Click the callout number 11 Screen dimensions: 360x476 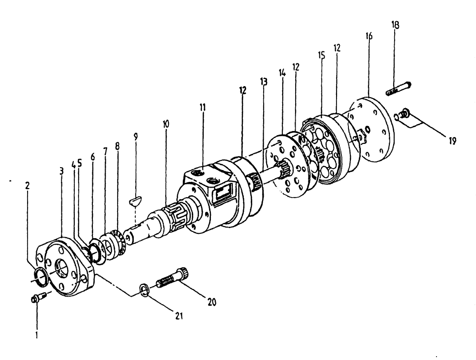point(203,108)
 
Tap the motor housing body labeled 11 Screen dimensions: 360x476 point(209,200)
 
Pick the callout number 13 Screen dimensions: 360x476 point(264,82)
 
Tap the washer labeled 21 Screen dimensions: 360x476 point(144,289)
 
